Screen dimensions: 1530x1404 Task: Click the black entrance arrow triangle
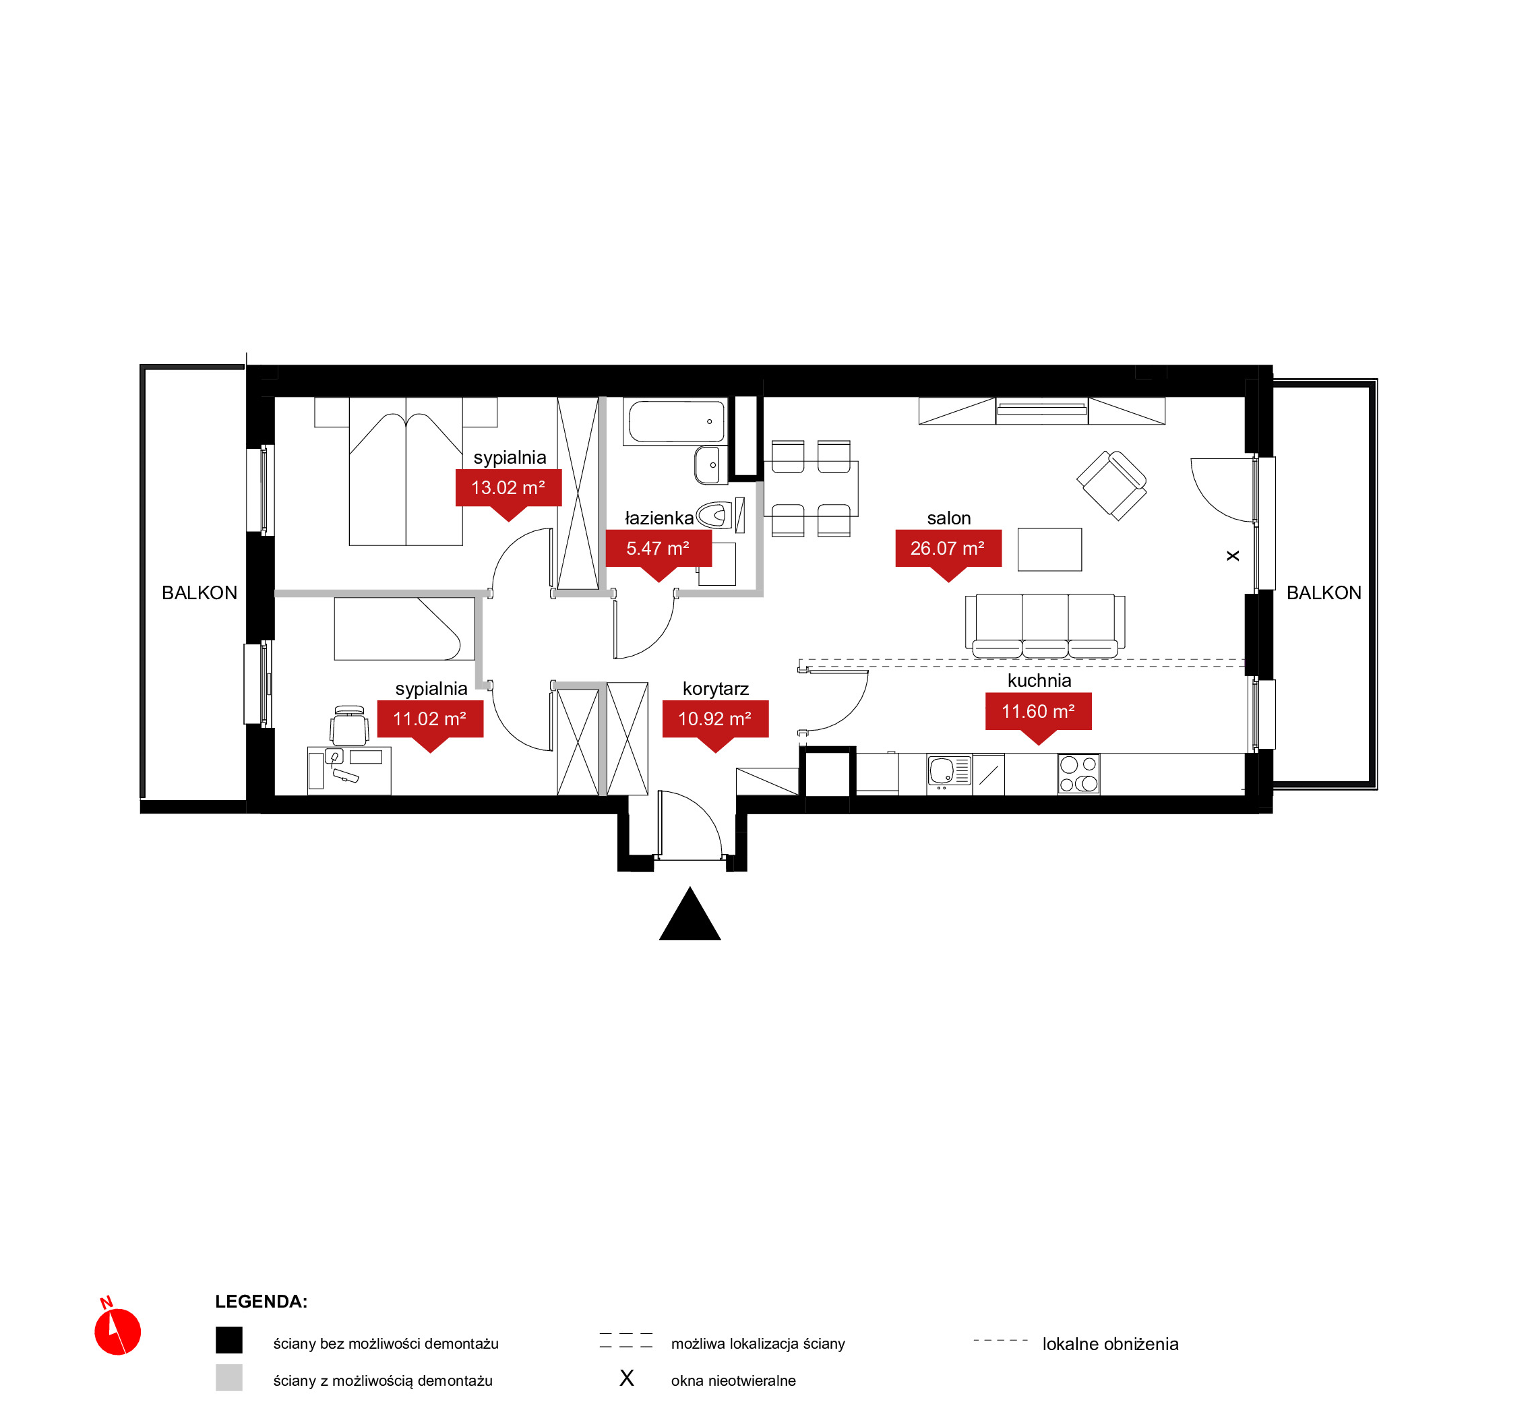(x=690, y=914)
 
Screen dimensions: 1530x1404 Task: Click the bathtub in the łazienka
(x=675, y=422)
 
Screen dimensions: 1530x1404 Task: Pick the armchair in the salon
(x=1111, y=485)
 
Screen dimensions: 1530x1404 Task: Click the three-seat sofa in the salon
(x=1045, y=626)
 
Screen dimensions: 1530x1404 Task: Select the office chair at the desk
(x=349, y=725)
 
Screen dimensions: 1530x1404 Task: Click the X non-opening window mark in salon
(x=1233, y=556)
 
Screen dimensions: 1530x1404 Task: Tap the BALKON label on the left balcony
(x=200, y=592)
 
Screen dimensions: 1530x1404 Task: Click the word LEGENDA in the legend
(x=262, y=1302)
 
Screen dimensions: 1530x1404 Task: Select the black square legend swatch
(x=228, y=1340)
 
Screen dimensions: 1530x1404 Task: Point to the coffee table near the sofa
(x=1050, y=549)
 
